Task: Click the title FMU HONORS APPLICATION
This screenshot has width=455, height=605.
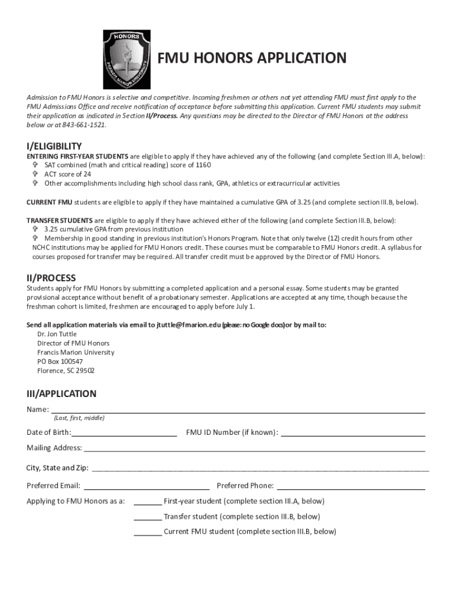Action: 251,58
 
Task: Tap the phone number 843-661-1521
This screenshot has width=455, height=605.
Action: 86,125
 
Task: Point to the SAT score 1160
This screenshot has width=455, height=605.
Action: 203,165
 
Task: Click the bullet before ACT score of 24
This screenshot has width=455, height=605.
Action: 35,174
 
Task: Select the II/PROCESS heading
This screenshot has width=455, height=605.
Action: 51,278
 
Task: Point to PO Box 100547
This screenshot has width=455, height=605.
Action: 60,362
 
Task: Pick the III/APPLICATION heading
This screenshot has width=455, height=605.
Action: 61,393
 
